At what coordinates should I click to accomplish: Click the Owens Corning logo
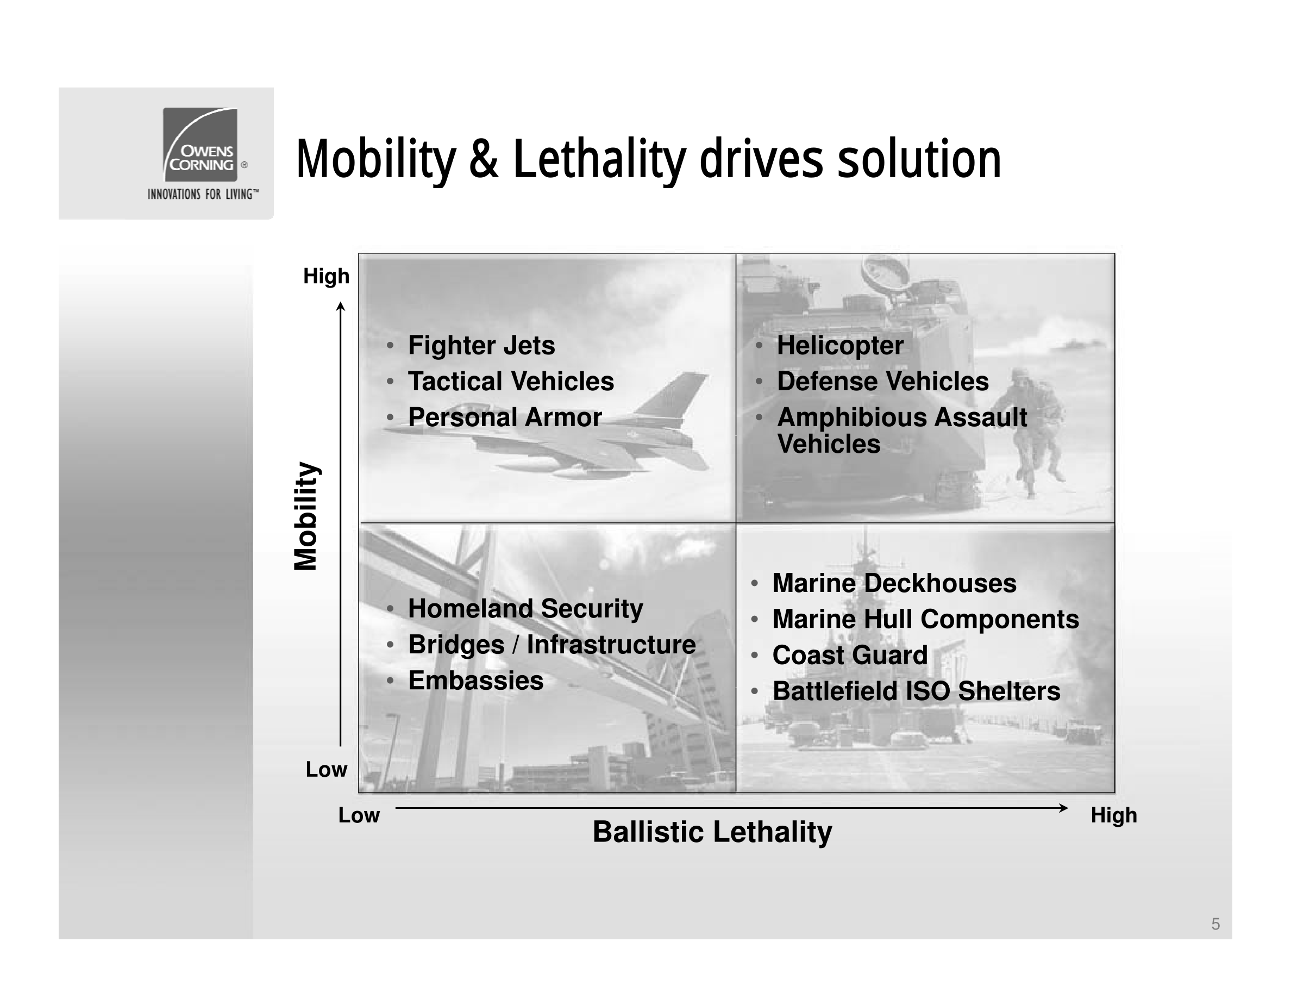pyautogui.click(x=200, y=144)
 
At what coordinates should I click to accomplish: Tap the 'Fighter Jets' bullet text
pyautogui.click(x=481, y=345)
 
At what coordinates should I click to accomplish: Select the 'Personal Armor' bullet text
pyautogui.click(x=505, y=417)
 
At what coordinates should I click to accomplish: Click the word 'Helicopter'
pyautogui.click(x=840, y=346)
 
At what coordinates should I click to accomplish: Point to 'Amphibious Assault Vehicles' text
pyautogui.click(x=902, y=431)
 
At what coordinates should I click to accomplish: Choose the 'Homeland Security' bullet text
pyautogui.click(x=525, y=609)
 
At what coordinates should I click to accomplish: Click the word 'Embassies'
pyautogui.click(x=476, y=681)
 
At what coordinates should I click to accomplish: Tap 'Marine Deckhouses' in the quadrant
pyautogui.click(x=894, y=584)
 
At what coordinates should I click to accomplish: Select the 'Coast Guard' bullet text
pyautogui.click(x=850, y=655)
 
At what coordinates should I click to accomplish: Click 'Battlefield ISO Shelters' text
pyautogui.click(x=916, y=691)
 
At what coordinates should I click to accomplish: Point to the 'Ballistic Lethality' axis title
pyautogui.click(x=712, y=832)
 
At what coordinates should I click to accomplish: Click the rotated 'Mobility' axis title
pyautogui.click(x=306, y=516)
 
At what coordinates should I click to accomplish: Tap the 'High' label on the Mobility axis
pyautogui.click(x=327, y=276)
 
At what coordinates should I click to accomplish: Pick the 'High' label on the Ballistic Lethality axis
pyautogui.click(x=1114, y=815)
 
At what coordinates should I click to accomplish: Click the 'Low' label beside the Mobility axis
pyautogui.click(x=327, y=769)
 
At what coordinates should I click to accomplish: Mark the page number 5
pyautogui.click(x=1215, y=924)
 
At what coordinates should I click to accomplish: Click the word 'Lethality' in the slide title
pyautogui.click(x=599, y=160)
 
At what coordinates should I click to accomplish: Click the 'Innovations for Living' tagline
pyautogui.click(x=203, y=194)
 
